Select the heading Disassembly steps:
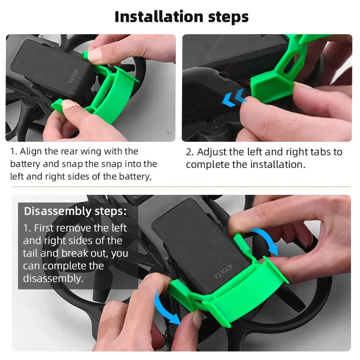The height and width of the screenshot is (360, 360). [75, 211]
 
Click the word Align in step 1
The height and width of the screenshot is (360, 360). [31, 151]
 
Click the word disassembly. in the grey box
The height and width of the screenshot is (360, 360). [53, 279]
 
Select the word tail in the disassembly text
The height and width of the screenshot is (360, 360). [31, 253]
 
